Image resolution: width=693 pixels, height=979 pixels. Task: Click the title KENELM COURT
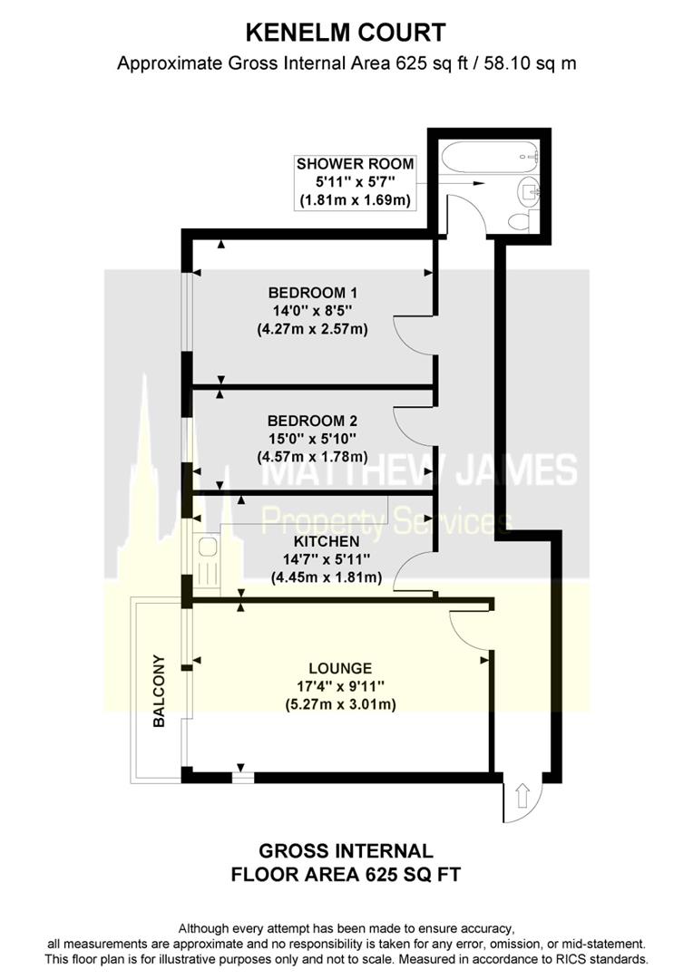point(346,33)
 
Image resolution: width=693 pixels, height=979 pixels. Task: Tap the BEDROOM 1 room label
point(312,292)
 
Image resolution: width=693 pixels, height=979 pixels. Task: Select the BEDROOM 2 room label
point(312,421)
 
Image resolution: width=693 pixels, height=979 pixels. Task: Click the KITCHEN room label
point(327,541)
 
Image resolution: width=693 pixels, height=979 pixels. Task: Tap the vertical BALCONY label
point(160,691)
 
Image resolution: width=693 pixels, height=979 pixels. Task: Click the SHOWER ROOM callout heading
point(355,163)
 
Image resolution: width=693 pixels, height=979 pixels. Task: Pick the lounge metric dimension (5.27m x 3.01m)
point(340,704)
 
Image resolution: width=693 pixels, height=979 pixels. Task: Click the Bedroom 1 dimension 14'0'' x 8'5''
point(312,310)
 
